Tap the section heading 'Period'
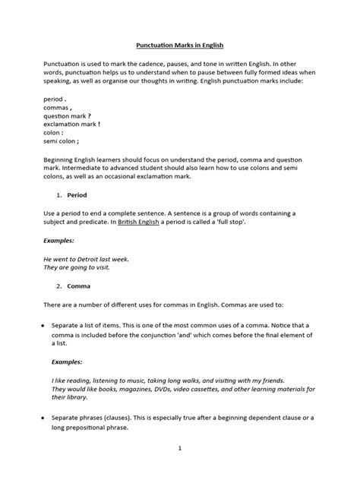coord(77,194)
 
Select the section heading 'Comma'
coord(79,286)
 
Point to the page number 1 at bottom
coord(180,448)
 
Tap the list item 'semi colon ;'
coord(62,141)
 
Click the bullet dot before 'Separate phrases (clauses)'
coord(43,418)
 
